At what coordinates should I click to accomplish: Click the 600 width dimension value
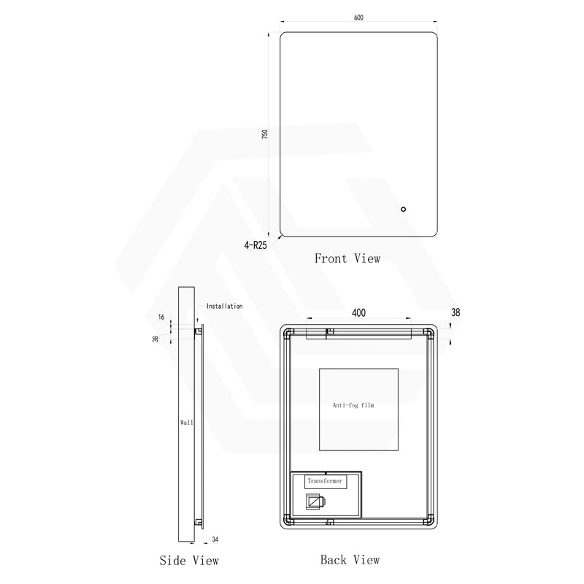(358, 18)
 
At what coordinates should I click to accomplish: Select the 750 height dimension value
(265, 134)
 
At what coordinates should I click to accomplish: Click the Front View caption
(347, 258)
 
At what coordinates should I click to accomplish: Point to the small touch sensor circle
(403, 210)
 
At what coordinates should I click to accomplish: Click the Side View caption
(189, 561)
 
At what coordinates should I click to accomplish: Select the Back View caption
(350, 560)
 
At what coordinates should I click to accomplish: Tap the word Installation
(224, 306)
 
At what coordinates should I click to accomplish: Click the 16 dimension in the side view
(162, 318)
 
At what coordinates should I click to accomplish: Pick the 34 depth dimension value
(214, 539)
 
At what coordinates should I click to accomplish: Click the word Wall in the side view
(186, 422)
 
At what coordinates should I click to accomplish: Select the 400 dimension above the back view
(358, 312)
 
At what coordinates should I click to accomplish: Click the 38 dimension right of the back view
(456, 312)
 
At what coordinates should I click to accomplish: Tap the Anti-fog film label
(353, 404)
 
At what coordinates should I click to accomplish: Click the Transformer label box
(325, 482)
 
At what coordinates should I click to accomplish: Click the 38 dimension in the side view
(155, 338)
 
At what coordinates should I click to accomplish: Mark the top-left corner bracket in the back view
(288, 333)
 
